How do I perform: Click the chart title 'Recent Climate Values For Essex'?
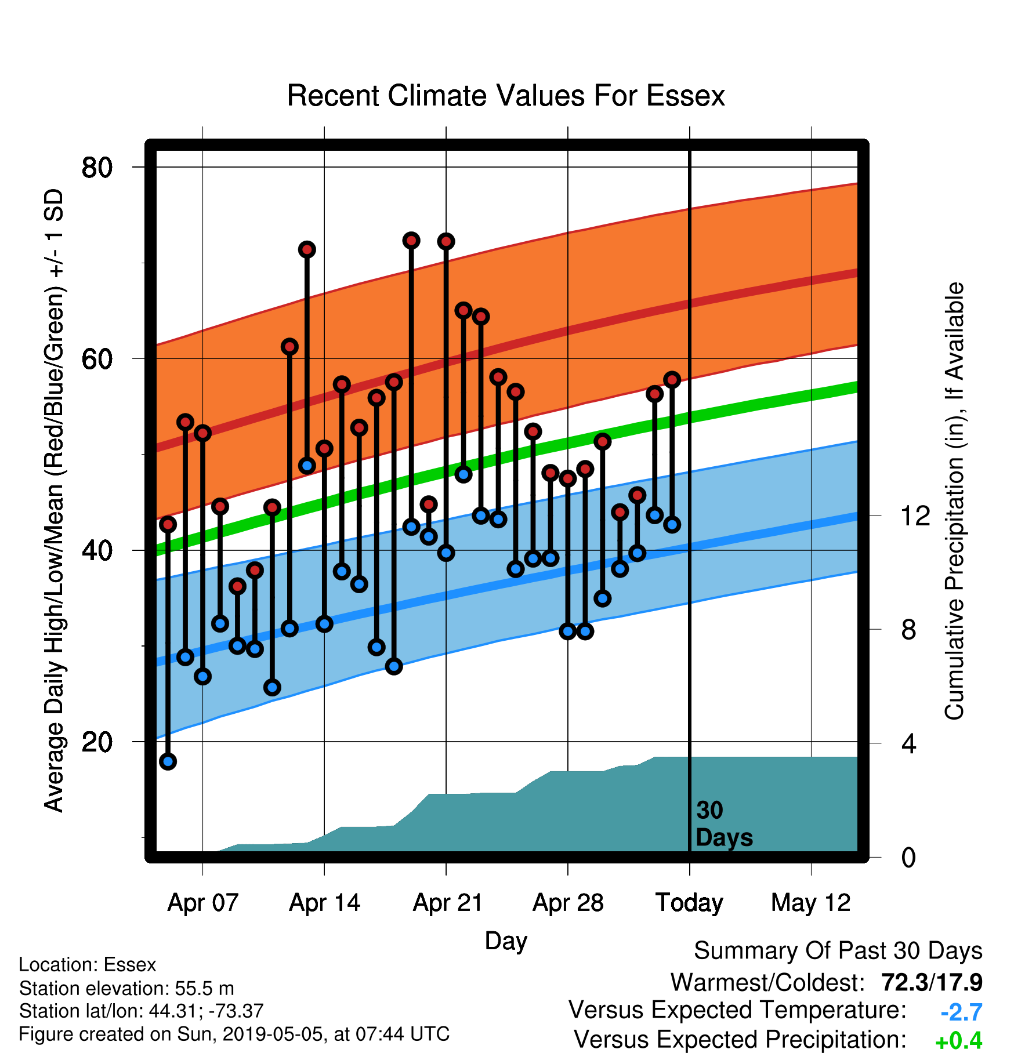pos(506,96)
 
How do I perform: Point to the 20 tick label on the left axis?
pos(97,742)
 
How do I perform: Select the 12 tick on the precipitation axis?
pos(915,515)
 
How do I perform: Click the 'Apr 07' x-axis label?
pos(202,903)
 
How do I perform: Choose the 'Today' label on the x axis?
pos(689,903)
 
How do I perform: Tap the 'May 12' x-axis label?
pos(810,903)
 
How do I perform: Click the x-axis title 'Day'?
pos(506,941)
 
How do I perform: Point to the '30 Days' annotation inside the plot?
pos(724,824)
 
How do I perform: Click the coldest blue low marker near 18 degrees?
pos(168,761)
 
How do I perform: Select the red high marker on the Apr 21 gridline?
pos(446,241)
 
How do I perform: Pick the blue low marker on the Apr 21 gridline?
pos(446,553)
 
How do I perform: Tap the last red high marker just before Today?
pos(672,380)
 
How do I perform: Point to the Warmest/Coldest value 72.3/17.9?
pos(932,982)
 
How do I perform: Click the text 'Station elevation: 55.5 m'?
pos(126,988)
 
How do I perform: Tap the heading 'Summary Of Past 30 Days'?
pos(838,951)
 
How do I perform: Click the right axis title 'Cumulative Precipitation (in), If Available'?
pos(954,501)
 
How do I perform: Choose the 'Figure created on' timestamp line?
pos(234,1034)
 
